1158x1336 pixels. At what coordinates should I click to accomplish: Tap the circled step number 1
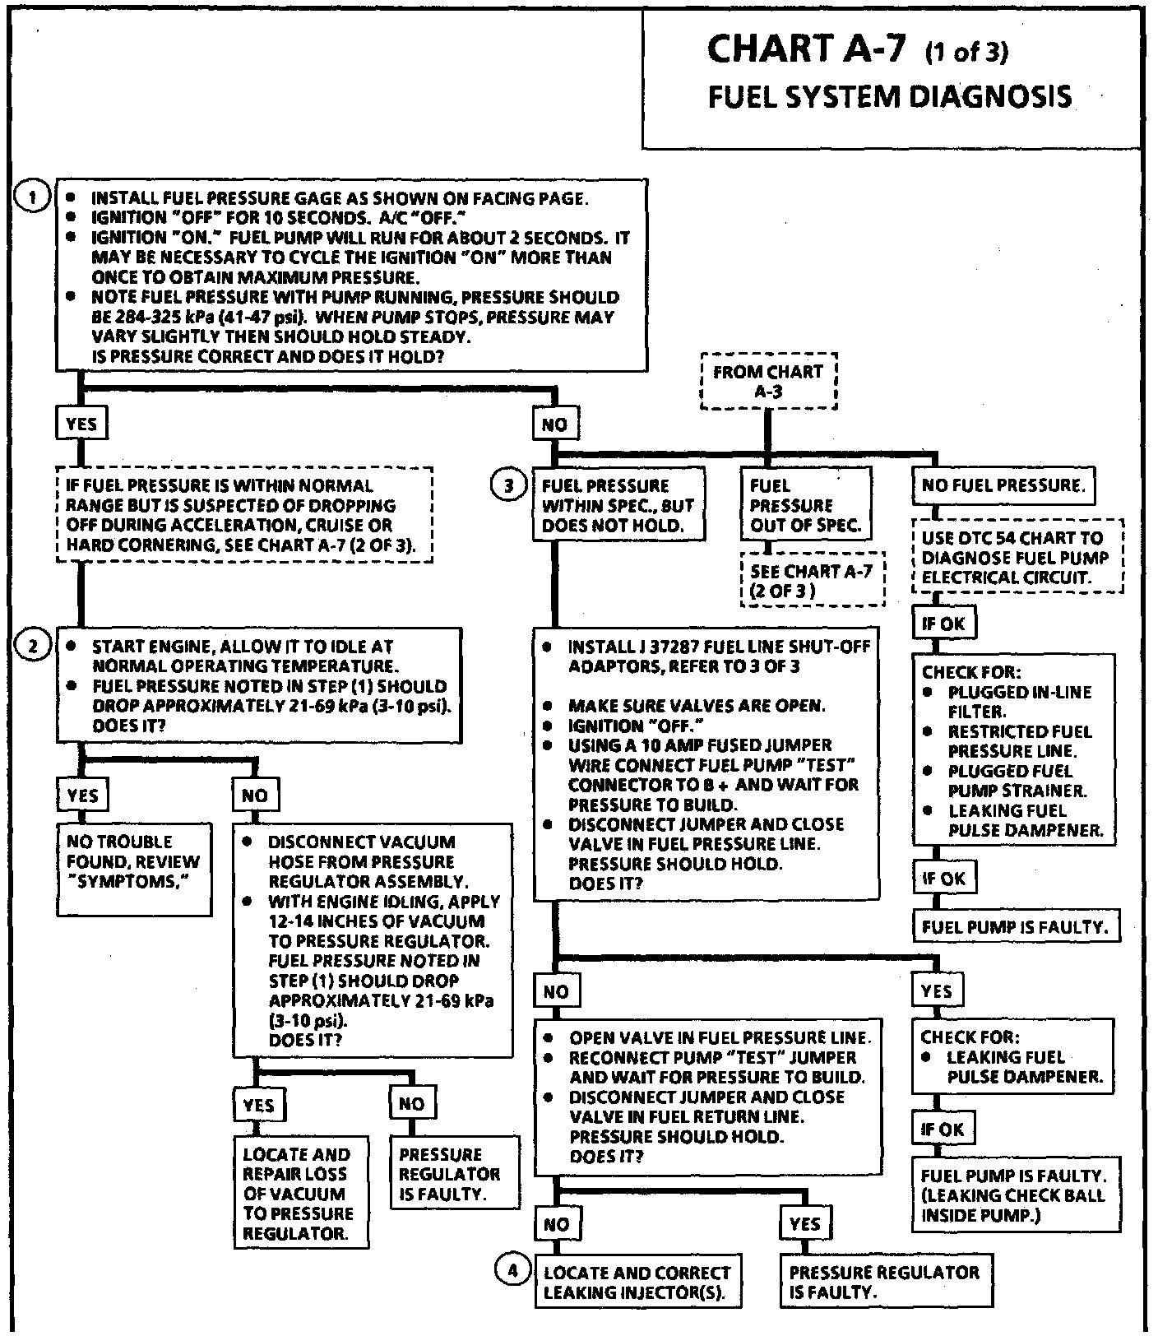click(33, 197)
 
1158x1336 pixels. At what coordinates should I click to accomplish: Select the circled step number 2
click(33, 646)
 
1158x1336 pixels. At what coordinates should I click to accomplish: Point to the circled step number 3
click(508, 485)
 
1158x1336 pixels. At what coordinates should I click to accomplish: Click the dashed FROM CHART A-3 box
click(767, 382)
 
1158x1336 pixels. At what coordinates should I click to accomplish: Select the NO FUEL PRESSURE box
click(1003, 485)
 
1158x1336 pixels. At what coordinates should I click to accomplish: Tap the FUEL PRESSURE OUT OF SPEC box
click(804, 505)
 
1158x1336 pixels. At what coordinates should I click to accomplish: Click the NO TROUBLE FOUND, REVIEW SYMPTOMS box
click(133, 869)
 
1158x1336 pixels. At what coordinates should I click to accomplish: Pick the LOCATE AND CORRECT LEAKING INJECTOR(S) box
click(637, 1282)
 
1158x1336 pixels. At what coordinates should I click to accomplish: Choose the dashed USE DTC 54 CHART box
click(1016, 558)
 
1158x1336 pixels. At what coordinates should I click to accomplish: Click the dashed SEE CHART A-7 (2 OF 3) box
click(812, 580)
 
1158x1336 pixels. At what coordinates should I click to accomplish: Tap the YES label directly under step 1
click(81, 424)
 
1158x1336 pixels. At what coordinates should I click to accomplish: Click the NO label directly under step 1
click(555, 424)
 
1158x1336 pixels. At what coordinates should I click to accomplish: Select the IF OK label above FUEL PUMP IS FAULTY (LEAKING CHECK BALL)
click(943, 1130)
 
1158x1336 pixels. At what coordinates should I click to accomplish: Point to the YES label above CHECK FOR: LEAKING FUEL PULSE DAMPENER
click(936, 990)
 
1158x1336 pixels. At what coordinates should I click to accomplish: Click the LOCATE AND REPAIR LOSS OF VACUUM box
click(297, 1194)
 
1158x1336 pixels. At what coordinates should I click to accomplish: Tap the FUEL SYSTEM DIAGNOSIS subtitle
click(890, 97)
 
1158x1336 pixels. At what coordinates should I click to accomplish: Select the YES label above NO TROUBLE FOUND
click(82, 795)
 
